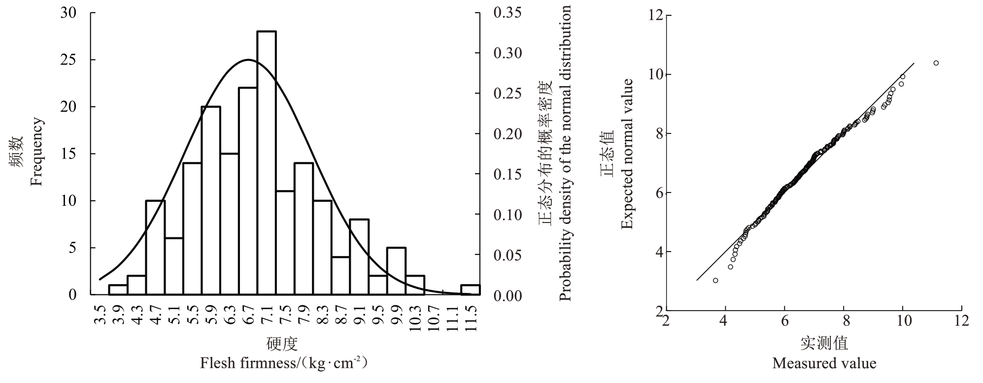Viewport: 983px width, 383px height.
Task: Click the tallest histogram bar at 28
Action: coord(267,162)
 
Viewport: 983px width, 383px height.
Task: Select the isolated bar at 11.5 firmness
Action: coord(471,290)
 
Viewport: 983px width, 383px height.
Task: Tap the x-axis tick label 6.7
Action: coord(248,319)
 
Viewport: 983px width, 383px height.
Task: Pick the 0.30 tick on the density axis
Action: coord(508,53)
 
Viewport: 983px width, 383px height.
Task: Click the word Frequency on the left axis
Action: coord(36,152)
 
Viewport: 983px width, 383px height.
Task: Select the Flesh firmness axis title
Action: coord(284,364)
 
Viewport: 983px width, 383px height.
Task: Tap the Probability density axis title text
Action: coord(566,153)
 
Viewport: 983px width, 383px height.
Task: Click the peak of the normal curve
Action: coord(248,60)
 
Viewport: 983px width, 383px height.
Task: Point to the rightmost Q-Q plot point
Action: coord(936,63)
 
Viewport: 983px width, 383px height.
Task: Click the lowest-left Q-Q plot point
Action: coord(715,280)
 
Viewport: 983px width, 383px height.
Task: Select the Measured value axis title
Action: coord(824,364)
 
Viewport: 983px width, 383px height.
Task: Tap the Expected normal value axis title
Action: coord(626,154)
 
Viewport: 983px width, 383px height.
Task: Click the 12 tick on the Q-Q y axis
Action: coord(655,16)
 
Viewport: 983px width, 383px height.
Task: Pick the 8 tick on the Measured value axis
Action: coord(844,321)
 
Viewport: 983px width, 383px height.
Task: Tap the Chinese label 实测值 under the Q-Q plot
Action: coord(824,343)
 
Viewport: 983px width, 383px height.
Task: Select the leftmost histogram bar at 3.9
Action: coord(118,290)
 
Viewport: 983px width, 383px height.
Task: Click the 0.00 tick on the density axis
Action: coord(508,295)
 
